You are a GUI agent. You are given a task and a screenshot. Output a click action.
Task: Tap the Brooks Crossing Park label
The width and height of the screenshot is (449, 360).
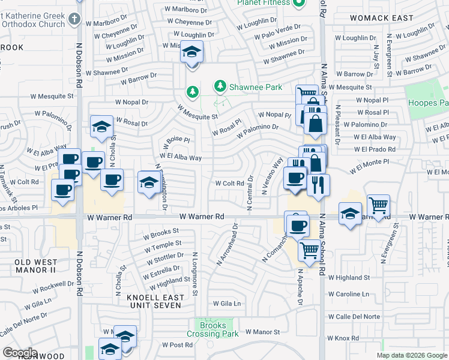tap(214, 329)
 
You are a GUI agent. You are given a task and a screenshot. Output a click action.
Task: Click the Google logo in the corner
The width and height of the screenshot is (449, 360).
tap(20, 353)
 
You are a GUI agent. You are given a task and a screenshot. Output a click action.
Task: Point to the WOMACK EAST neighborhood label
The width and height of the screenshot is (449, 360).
tap(382, 18)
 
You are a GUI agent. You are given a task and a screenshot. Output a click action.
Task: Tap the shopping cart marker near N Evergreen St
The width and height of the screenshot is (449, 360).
tap(378, 205)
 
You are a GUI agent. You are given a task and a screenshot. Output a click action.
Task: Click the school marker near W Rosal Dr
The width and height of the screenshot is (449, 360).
tap(101, 126)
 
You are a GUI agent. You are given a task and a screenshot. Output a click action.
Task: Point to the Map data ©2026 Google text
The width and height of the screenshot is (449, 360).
tap(411, 355)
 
